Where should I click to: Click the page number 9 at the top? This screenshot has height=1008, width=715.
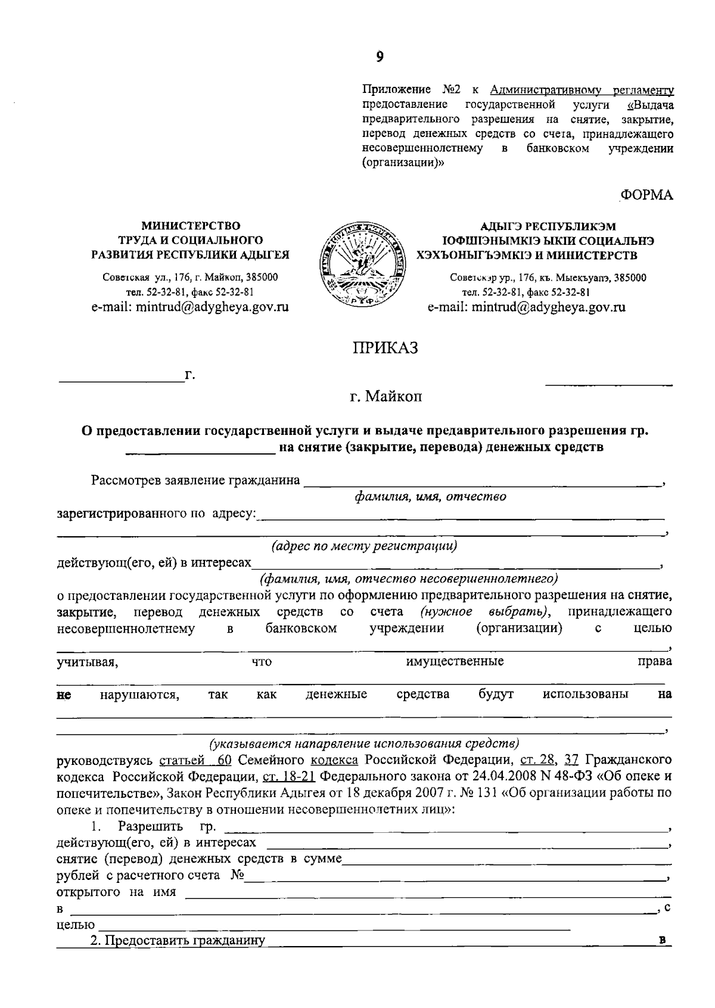380,57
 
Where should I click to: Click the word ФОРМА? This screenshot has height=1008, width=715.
647,195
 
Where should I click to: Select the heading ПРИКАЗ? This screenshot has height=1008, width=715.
386,348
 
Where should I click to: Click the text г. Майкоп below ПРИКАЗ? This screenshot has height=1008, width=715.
386,396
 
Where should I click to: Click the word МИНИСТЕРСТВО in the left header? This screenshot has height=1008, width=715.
191,226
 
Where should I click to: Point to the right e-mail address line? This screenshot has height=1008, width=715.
526,307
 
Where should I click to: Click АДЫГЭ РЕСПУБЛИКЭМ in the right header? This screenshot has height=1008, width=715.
548,226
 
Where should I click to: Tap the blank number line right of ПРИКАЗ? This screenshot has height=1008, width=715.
609,381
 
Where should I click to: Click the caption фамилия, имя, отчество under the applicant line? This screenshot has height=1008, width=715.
430,496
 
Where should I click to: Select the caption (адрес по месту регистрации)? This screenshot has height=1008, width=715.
364,546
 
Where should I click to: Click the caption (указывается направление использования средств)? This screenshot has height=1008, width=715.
364,743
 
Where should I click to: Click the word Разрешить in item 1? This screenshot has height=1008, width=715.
150,826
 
